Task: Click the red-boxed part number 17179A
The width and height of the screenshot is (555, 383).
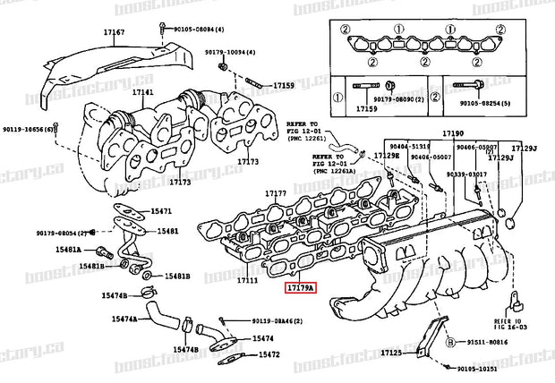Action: pos(301,289)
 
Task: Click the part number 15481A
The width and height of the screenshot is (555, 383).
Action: pos(90,251)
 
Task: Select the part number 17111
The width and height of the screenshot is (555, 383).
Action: pos(247,280)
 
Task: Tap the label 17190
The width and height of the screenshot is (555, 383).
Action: pos(454,134)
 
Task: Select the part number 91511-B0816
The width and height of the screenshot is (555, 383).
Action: pos(489,342)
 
